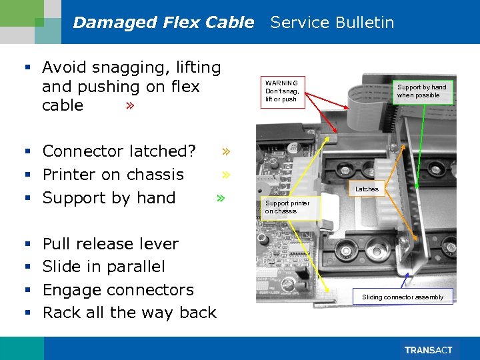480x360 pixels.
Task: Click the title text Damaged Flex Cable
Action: pyautogui.click(x=163, y=23)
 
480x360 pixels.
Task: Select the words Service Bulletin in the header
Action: pyautogui.click(x=332, y=23)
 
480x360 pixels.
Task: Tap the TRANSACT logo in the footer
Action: pyautogui.click(x=428, y=350)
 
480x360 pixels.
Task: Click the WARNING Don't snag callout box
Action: pyautogui.click(x=283, y=91)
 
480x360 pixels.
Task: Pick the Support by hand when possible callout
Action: pyautogui.click(x=422, y=91)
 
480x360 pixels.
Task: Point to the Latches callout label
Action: pyautogui.click(x=367, y=189)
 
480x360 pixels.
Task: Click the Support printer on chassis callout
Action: pyautogui.click(x=290, y=207)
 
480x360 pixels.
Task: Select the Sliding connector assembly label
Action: pyautogui.click(x=402, y=297)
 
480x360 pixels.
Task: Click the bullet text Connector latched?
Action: pyautogui.click(x=119, y=151)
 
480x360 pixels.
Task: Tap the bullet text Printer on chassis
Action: pyautogui.click(x=113, y=175)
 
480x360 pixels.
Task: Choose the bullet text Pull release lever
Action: pyautogui.click(x=110, y=244)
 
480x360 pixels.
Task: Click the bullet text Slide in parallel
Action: pyautogui.click(x=103, y=267)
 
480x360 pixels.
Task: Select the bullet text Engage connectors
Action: pyautogui.click(x=118, y=290)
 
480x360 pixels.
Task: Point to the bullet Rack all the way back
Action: pyautogui.click(x=129, y=313)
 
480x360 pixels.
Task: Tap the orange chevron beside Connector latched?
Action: pyautogui.click(x=226, y=151)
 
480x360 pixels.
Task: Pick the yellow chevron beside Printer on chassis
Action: pyautogui.click(x=226, y=175)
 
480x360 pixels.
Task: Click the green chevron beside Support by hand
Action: pyautogui.click(x=221, y=198)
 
